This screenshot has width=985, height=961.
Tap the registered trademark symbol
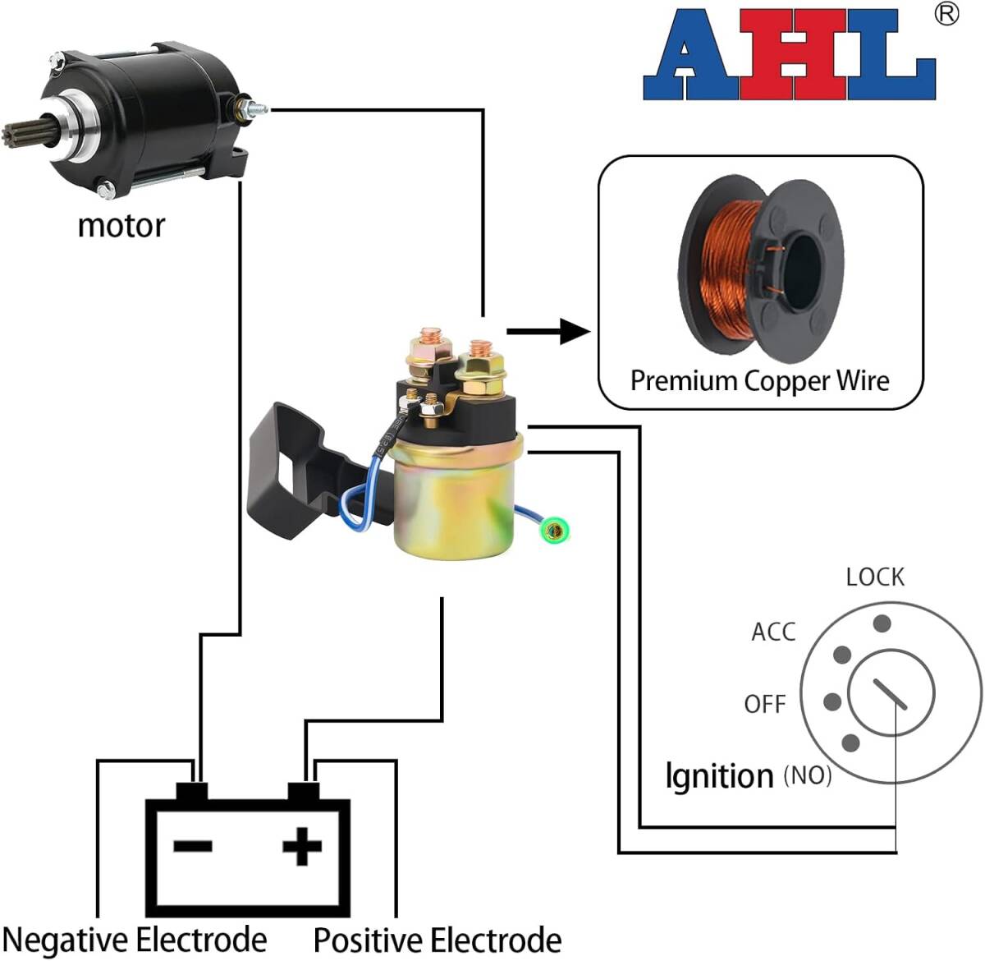(x=946, y=14)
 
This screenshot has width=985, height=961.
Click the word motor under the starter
(x=121, y=225)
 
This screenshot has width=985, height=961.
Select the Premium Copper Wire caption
(x=759, y=380)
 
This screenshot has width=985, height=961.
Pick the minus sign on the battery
(x=193, y=846)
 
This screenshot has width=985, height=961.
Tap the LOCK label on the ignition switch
(x=875, y=577)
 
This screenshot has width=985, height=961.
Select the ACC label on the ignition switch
(x=773, y=632)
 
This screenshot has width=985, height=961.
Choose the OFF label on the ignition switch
(x=764, y=704)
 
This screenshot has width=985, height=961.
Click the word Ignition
(x=719, y=776)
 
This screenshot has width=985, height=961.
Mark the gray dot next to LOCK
(x=882, y=623)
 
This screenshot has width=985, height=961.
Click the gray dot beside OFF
(x=832, y=702)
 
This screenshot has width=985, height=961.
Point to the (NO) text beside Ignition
(x=808, y=775)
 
